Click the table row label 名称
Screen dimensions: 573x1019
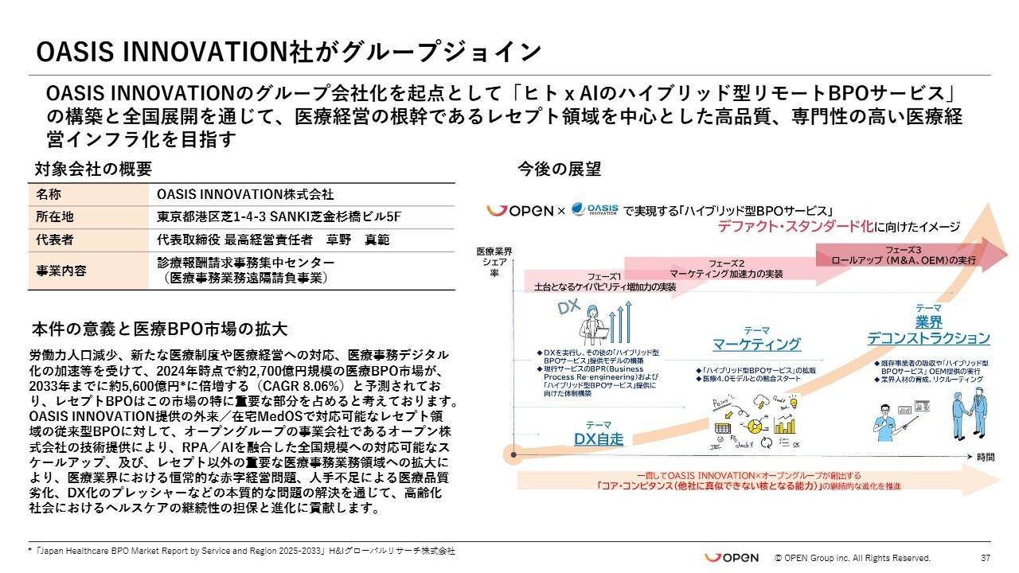click(49, 194)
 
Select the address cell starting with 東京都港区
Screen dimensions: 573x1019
click(279, 216)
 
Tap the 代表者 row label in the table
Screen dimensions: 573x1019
click(55, 239)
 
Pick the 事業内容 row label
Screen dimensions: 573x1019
click(61, 270)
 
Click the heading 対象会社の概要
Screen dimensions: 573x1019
click(92, 169)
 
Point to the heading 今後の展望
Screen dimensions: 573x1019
click(559, 169)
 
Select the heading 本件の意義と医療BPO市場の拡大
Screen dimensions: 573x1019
click(159, 329)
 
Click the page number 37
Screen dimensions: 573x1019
click(985, 558)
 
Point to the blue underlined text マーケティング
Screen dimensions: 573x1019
click(756, 344)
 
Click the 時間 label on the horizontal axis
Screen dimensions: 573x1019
click(986, 457)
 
